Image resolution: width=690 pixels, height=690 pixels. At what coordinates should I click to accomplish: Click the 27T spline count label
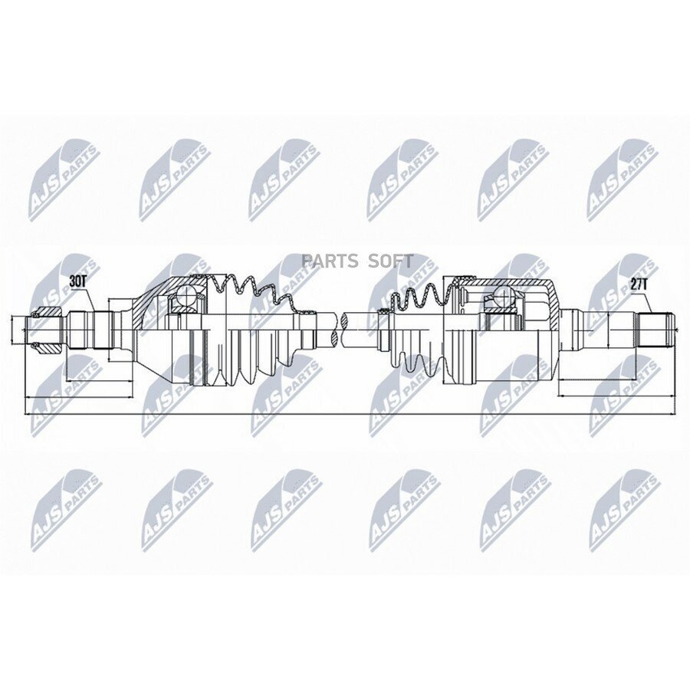pos(639,284)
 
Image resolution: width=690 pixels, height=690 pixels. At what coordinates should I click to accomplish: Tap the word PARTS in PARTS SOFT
pos(330,261)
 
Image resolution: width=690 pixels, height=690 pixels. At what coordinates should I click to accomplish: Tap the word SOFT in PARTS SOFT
pos(391,261)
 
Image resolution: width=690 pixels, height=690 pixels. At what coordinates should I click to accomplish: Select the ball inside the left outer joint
pos(186,294)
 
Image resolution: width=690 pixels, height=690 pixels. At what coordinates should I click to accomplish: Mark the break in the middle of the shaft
pos(339,329)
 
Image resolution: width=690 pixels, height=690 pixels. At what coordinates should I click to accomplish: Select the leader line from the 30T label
pos(87,300)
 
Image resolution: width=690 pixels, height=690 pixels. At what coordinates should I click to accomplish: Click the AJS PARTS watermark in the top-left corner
pos(64,179)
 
